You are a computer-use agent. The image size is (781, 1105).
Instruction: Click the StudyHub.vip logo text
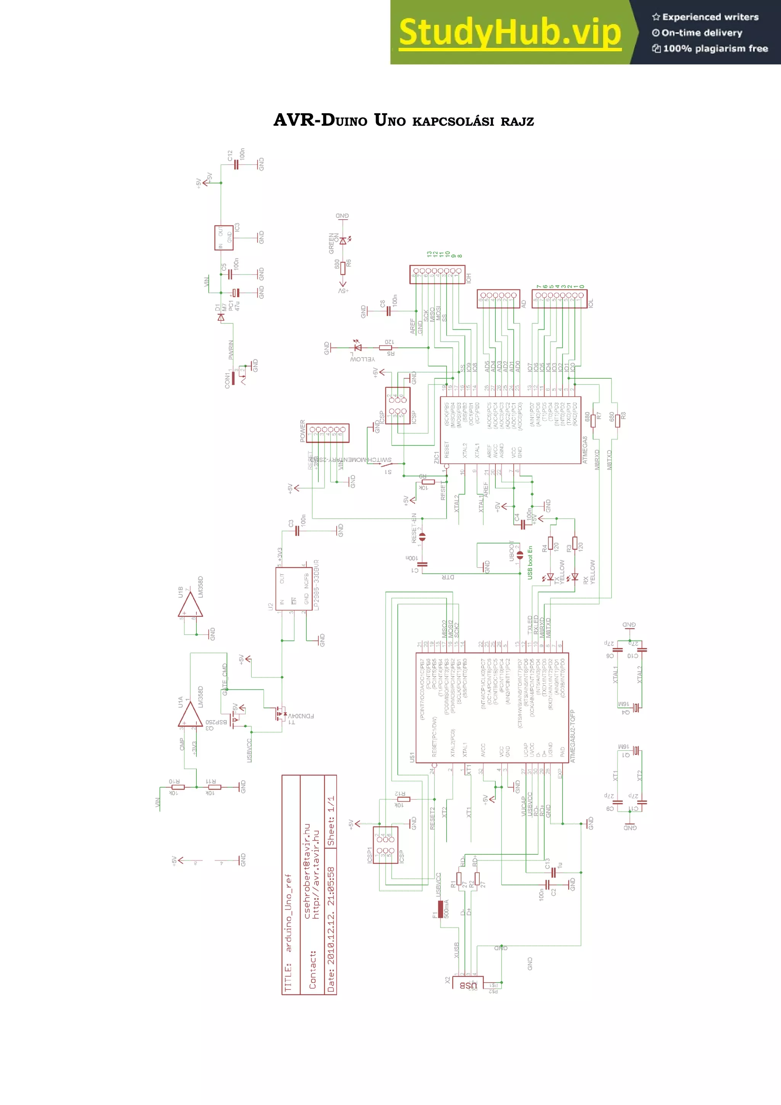510,32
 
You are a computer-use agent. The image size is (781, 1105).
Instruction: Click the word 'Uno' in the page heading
390,120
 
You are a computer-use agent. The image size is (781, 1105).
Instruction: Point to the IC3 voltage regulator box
224,238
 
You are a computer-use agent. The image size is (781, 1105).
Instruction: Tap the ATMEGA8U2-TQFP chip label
573,736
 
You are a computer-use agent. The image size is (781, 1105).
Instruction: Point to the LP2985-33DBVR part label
316,585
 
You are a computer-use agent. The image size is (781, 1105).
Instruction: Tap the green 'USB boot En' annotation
530,562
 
